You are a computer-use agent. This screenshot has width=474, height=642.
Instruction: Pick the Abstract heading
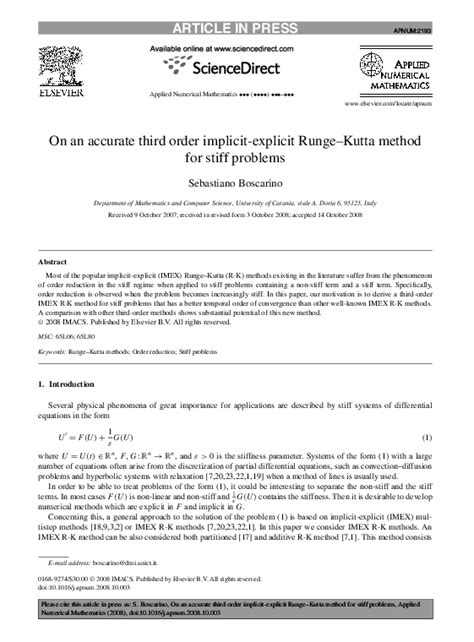[52, 260]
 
